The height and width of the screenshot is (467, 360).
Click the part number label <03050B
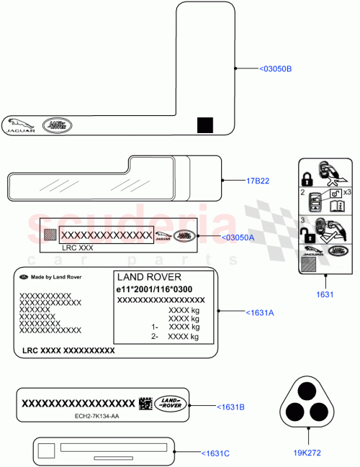point(276,69)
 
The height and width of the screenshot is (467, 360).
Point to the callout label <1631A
point(261,312)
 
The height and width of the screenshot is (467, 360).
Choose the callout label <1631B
point(230,407)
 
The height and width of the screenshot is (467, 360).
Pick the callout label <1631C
point(215,453)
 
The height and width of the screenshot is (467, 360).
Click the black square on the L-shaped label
point(205,125)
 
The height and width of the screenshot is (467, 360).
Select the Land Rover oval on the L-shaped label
point(58,125)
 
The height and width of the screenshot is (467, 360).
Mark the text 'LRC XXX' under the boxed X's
point(78,247)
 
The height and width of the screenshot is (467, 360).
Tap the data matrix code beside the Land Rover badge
point(145,403)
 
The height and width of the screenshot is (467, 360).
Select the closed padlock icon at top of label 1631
point(306,176)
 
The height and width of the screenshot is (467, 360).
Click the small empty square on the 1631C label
point(47,451)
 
